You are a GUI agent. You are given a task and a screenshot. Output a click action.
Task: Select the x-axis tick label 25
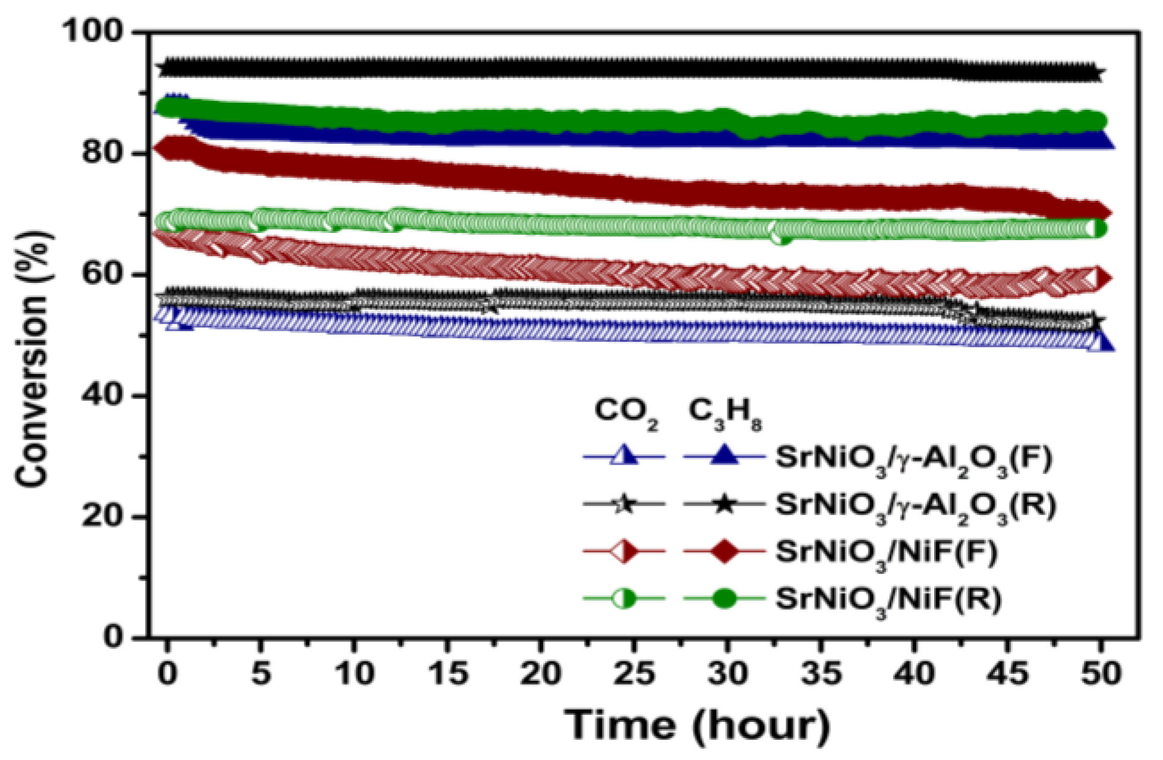tap(634, 673)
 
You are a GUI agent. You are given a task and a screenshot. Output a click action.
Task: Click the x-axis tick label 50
tap(1100, 673)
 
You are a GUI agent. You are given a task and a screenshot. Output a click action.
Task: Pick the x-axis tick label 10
tap(355, 673)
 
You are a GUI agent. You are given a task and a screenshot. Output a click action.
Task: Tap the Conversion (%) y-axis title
tap(33, 357)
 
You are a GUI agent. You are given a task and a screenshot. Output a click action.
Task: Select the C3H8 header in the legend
tap(724, 412)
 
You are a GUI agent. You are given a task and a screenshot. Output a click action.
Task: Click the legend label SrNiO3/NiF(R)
tap(888, 600)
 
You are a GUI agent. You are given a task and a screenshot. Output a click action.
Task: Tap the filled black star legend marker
tap(724, 504)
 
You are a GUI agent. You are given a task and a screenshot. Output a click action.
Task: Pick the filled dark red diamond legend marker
tap(724, 551)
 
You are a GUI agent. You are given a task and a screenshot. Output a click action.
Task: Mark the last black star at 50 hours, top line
tap(1097, 74)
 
